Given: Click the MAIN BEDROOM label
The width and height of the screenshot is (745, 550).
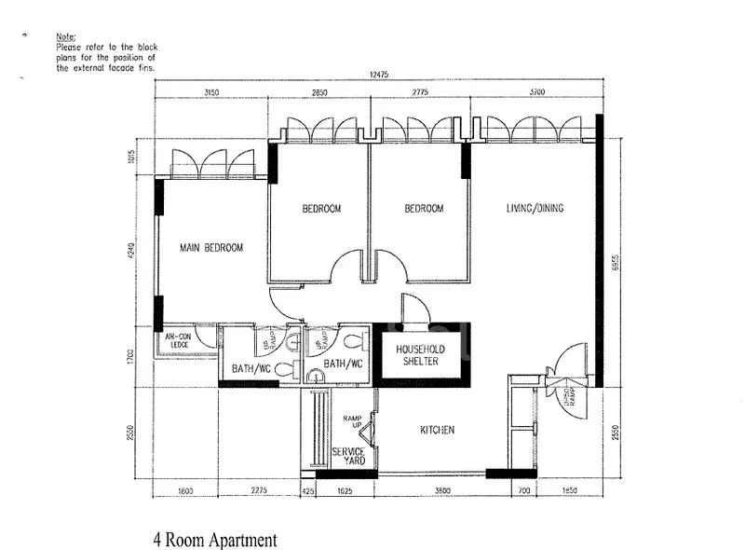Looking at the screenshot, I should (x=211, y=248).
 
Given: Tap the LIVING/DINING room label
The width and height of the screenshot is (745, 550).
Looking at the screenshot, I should (x=535, y=208).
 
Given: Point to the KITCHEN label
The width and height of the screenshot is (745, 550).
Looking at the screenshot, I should (x=437, y=430).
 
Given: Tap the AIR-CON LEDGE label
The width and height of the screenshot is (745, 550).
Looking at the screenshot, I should (x=177, y=341).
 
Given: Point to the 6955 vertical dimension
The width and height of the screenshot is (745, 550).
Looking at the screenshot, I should (x=616, y=264).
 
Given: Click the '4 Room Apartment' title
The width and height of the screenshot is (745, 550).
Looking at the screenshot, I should (x=215, y=539).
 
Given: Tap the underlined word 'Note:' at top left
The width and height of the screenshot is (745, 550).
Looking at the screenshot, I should (x=65, y=35).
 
